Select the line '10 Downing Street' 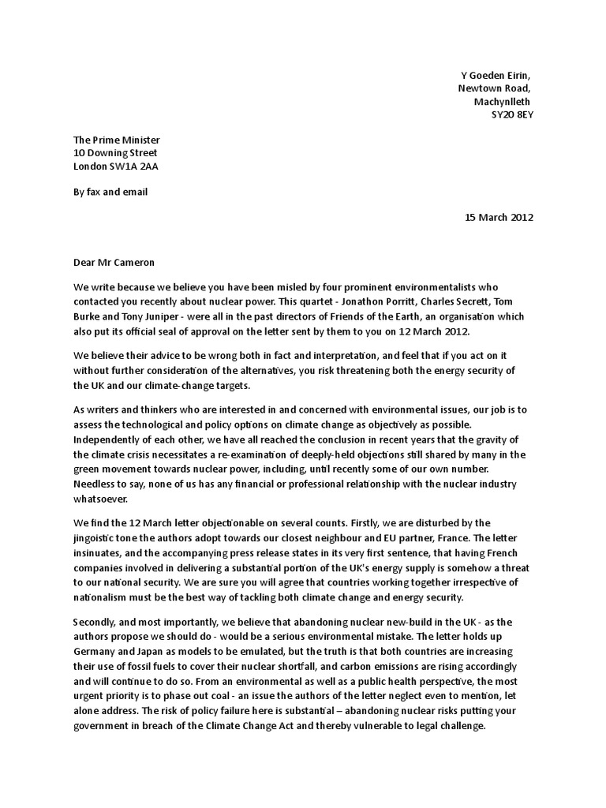click(x=115, y=153)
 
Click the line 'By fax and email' click(x=110, y=192)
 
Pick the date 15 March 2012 click(x=499, y=218)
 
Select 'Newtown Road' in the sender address click(x=494, y=88)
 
